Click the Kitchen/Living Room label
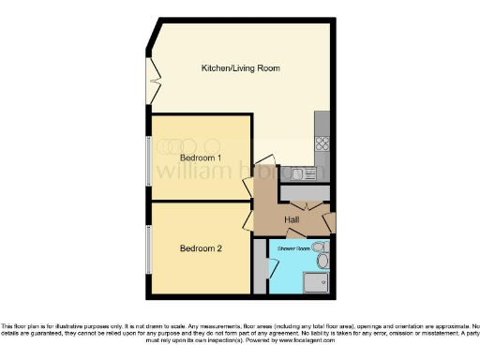241,68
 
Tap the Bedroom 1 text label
201,158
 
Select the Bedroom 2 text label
201,248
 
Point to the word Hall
292,220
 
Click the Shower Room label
292,247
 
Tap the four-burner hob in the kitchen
322,143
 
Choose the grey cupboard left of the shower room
260,267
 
